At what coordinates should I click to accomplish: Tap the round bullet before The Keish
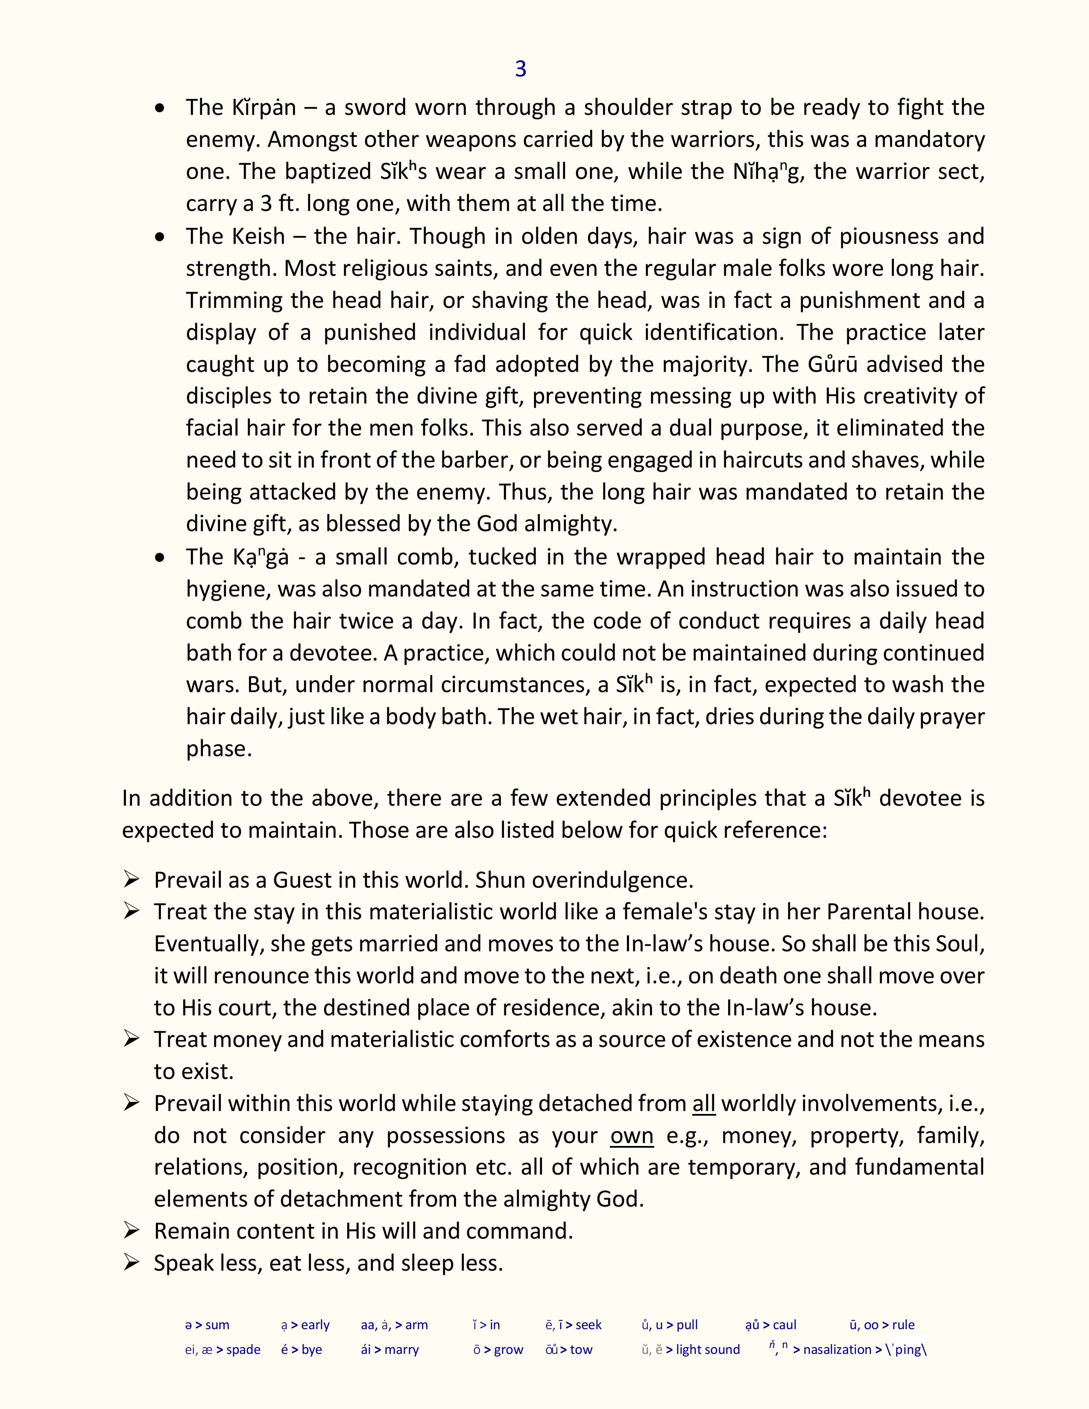tap(160, 237)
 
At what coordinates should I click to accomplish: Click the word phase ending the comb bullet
tap(218, 749)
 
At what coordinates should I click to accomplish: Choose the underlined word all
tap(704, 1104)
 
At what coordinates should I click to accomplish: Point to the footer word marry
tap(401, 1350)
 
